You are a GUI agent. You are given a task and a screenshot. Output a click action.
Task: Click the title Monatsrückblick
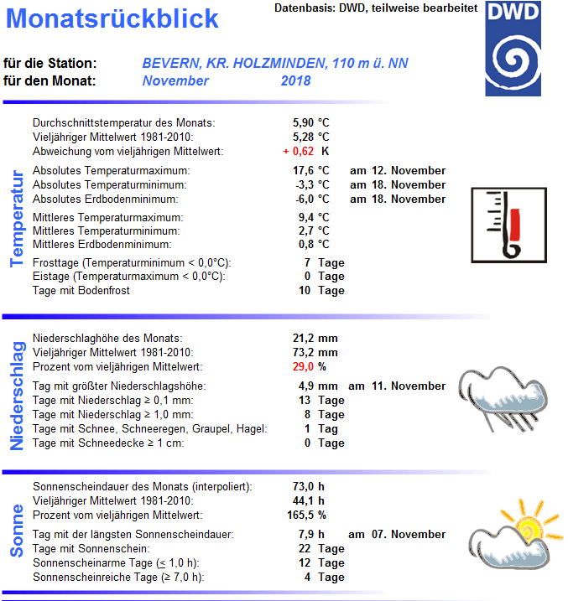tap(118, 18)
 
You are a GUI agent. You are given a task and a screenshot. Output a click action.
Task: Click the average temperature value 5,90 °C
tap(310, 122)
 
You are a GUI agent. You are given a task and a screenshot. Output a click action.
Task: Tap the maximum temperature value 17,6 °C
tap(310, 171)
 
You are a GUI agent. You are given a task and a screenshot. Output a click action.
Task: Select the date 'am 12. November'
tap(398, 171)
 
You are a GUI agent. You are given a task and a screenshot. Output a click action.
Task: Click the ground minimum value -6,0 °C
tap(310, 199)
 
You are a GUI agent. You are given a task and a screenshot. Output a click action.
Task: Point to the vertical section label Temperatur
tap(17, 219)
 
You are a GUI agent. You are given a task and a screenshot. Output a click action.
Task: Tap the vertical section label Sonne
tap(17, 531)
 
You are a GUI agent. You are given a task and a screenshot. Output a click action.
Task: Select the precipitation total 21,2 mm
tap(315, 339)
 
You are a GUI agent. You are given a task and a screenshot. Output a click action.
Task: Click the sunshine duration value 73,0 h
tap(308, 487)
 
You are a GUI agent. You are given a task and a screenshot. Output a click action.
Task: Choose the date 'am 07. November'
tap(397, 535)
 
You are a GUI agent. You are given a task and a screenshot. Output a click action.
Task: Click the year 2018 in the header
tap(296, 81)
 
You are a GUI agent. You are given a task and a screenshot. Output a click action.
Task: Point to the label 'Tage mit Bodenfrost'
tap(81, 291)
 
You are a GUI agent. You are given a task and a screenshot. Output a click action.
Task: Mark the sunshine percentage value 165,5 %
tap(310, 516)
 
